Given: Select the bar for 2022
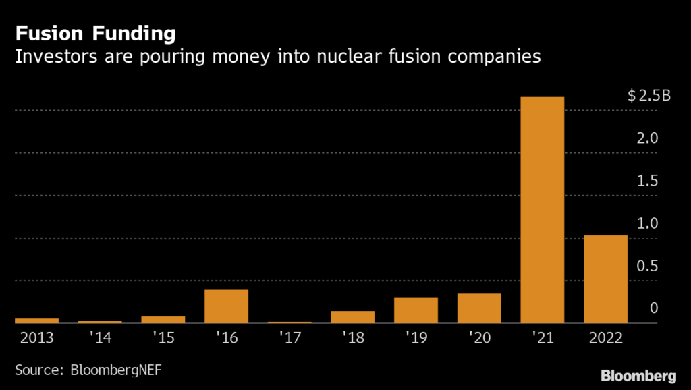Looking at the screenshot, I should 605,279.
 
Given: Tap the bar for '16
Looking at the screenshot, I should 226,306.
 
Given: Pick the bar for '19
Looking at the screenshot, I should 416,310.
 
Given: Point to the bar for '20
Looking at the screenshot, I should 479,308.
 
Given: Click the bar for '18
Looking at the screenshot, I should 352,316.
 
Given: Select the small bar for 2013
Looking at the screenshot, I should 36,320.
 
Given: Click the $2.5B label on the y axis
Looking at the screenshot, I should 649,96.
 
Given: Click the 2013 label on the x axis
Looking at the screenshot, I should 36,337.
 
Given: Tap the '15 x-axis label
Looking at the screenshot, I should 163,337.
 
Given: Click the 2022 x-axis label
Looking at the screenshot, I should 605,337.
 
